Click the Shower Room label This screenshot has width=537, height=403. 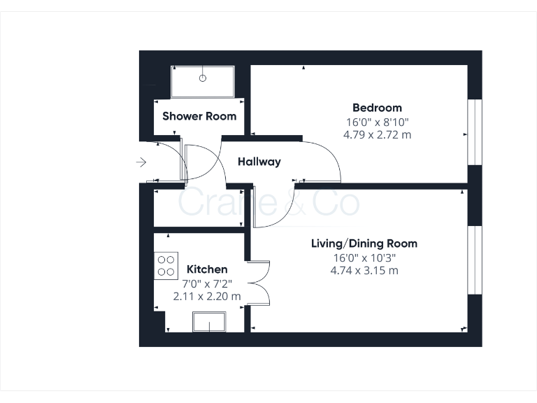199,116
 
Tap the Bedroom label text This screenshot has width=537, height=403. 377,108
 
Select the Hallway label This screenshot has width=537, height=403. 259,162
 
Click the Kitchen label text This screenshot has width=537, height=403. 207,269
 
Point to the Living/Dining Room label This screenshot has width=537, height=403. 364,243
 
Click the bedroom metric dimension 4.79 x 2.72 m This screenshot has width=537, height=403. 377,134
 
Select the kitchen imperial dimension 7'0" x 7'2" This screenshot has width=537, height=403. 207,283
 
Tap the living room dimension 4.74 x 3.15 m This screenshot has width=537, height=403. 364,270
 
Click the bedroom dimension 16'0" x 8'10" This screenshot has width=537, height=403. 377,121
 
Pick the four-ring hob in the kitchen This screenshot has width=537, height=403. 166,264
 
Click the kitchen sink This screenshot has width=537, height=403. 209,323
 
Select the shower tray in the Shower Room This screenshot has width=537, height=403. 203,82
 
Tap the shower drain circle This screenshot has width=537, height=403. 203,78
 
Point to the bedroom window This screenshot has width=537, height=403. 475,132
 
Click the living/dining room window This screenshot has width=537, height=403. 475,260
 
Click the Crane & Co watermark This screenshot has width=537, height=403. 269,202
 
